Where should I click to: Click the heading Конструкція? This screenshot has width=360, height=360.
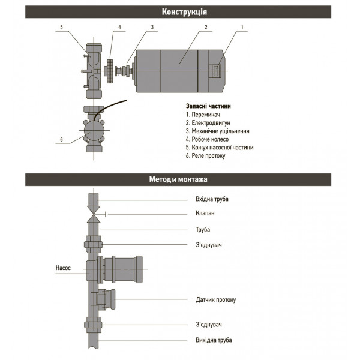(x=180, y=12)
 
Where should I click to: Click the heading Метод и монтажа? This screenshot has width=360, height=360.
(x=180, y=179)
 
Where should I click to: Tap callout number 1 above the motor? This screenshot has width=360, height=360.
(x=242, y=28)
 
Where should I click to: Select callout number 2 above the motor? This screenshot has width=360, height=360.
(x=205, y=28)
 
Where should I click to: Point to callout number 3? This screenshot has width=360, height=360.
(x=152, y=28)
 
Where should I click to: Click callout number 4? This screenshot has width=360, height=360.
(x=119, y=28)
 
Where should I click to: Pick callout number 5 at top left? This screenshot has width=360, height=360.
(x=61, y=28)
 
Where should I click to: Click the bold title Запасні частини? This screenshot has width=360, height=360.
(x=208, y=106)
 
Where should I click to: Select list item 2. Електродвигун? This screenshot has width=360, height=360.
(x=208, y=122)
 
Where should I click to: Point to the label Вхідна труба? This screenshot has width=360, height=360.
(x=212, y=199)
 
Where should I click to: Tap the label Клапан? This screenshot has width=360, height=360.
(x=205, y=213)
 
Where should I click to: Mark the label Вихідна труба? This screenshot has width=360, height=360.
(x=214, y=340)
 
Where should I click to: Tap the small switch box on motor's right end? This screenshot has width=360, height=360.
(x=217, y=71)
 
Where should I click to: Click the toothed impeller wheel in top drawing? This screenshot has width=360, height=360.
(x=110, y=70)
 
